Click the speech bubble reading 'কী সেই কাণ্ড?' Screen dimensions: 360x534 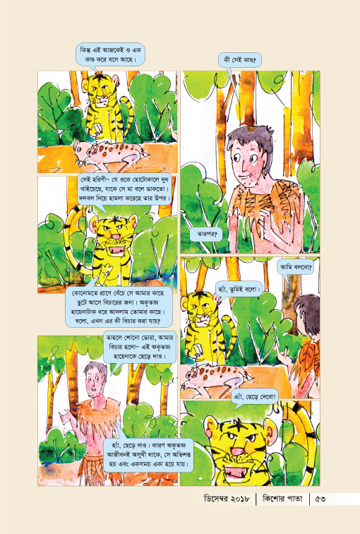point(239,61)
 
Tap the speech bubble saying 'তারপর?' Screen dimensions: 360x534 point(207,235)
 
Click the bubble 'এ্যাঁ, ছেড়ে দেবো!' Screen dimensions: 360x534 point(255,397)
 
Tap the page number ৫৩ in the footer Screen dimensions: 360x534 point(320,499)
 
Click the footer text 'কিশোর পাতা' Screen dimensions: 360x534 point(282,499)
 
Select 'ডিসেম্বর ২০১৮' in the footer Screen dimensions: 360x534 point(227,499)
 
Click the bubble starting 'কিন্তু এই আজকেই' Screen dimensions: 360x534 point(110,55)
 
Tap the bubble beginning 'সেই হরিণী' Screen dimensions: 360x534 point(124,189)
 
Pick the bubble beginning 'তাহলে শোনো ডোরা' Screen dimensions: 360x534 point(140,347)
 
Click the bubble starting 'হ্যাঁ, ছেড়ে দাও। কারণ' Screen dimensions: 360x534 point(148,455)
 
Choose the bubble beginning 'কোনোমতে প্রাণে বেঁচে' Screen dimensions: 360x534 point(119,307)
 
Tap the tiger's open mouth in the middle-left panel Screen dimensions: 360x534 point(116,250)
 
